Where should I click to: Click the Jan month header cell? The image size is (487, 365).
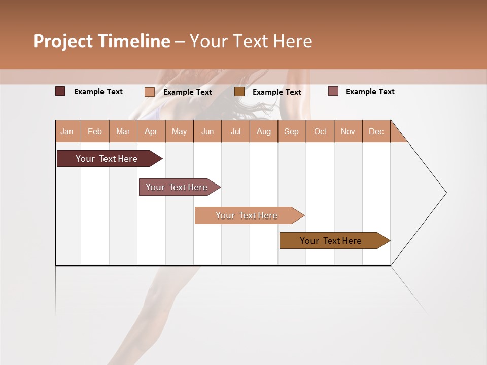(67, 132)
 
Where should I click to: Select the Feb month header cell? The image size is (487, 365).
(95, 132)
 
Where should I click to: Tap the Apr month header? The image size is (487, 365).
(151, 132)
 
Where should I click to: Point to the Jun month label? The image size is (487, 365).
(207, 132)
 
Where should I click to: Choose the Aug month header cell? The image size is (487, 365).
(264, 132)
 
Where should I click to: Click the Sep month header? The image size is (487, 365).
(292, 132)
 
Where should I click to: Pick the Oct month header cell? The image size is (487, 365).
(320, 132)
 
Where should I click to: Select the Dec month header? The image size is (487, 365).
(376, 132)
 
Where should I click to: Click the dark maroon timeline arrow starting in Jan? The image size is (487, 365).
(107, 159)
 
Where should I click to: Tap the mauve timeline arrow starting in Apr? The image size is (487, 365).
(177, 187)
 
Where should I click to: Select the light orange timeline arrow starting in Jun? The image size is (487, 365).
(247, 215)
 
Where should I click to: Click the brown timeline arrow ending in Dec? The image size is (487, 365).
(331, 241)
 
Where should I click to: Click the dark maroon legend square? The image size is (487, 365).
(60, 91)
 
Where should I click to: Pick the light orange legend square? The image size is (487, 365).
(150, 92)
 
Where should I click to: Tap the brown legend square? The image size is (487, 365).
(239, 92)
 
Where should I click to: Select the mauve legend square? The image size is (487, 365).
(333, 91)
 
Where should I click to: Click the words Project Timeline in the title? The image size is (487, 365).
(102, 41)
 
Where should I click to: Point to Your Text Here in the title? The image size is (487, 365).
(251, 41)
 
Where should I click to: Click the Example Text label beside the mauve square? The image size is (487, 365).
(370, 92)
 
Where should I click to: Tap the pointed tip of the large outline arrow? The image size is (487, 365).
(445, 193)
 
